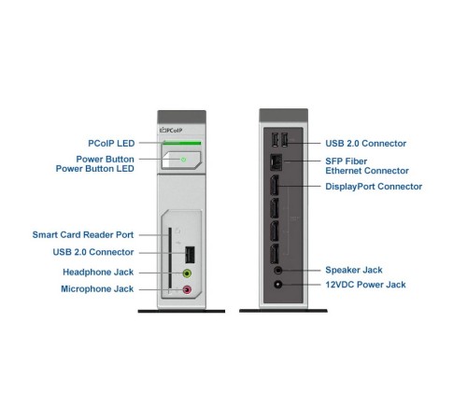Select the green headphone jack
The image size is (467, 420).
[x=187, y=273]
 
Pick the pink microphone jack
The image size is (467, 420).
[x=187, y=290]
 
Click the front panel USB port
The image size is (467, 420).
[x=188, y=253]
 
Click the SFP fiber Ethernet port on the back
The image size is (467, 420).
[x=276, y=161]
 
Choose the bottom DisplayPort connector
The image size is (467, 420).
[x=276, y=255]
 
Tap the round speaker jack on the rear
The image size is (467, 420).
[x=276, y=270]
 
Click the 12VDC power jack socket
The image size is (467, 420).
[x=276, y=285]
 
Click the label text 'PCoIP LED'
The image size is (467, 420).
[x=105, y=143]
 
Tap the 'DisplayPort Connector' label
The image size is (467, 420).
[x=374, y=187]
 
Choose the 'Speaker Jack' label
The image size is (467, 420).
[x=355, y=270]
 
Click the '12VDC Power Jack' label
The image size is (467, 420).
[x=365, y=285]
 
